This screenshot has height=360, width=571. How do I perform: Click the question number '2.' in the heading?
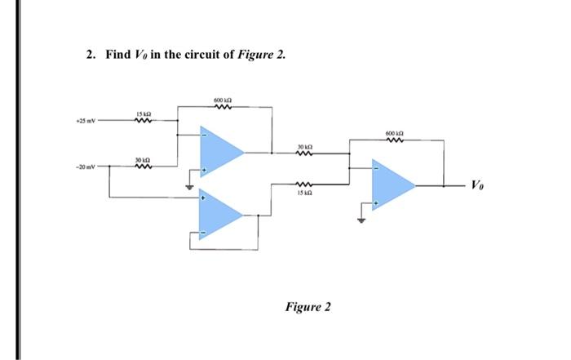pyautogui.click(x=92, y=56)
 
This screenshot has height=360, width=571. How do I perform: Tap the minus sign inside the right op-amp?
pyautogui.click(x=375, y=169)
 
